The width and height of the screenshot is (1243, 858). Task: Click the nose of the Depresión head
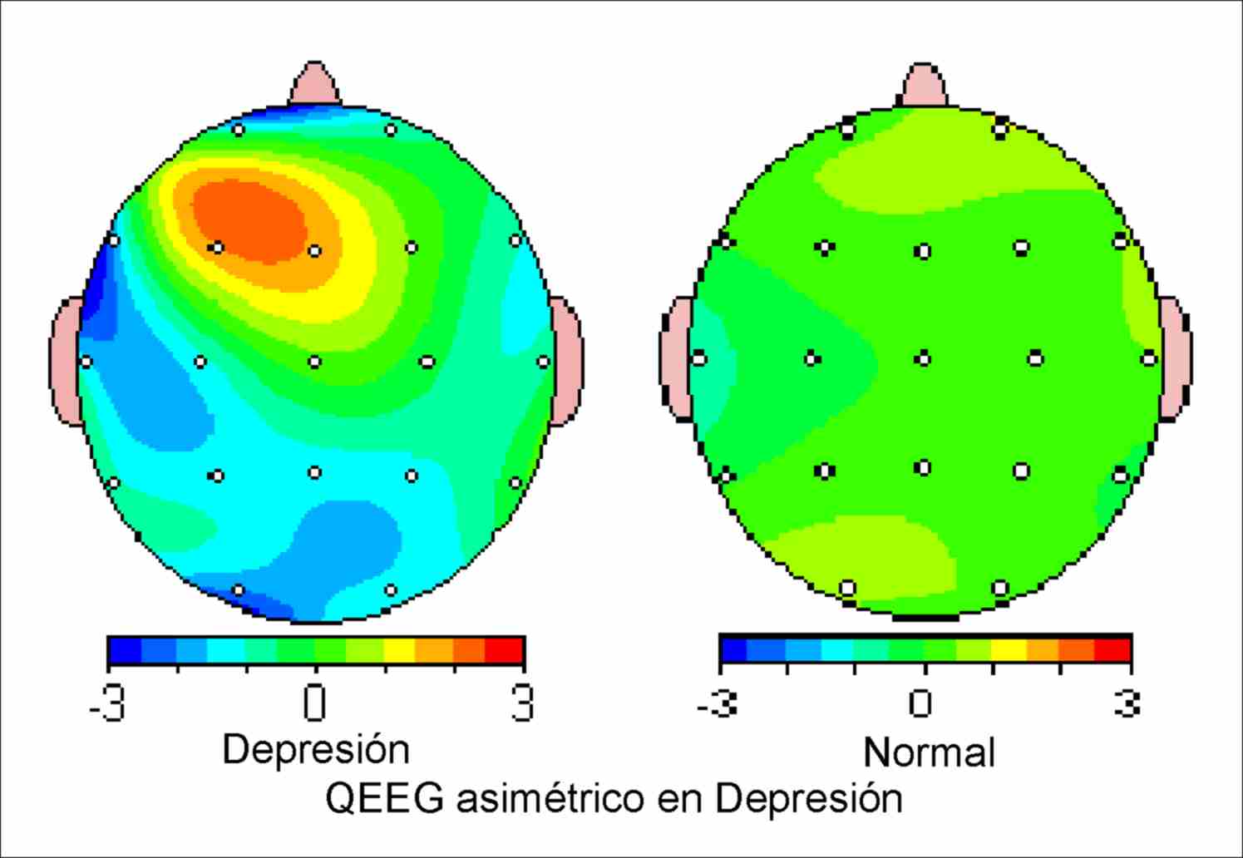[314, 85]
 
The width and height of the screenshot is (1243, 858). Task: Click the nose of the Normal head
[923, 86]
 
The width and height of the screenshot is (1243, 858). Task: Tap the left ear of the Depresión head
[66, 362]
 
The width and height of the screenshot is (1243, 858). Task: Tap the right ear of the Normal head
[1175, 358]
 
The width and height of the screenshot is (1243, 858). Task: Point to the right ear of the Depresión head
[567, 362]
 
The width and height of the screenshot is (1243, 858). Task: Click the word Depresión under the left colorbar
[316, 749]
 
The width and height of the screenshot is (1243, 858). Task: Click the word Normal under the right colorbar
[929, 753]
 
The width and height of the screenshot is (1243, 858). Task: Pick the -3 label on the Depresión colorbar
[107, 703]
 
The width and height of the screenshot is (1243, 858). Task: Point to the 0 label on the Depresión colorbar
[314, 703]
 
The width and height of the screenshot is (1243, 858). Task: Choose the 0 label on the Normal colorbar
[920, 703]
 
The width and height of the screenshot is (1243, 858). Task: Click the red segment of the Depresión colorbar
[504, 650]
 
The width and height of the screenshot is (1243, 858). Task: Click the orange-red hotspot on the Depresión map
[249, 220]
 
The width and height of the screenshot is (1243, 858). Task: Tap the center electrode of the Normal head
[922, 359]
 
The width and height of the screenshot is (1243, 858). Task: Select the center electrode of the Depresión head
[314, 362]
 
